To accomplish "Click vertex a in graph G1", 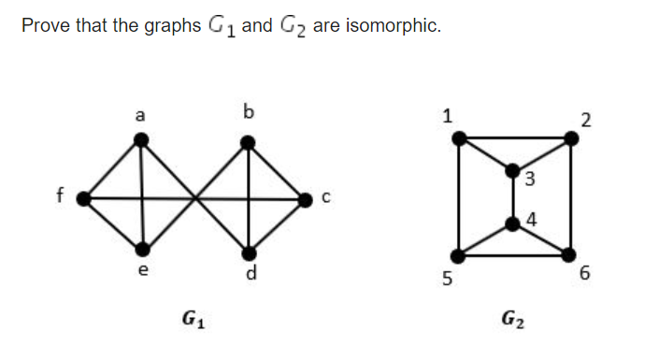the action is (141, 141).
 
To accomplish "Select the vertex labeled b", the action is (249, 143).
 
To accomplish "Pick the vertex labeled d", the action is (250, 252).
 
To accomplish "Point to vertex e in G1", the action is (143, 249).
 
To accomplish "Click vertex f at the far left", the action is (84, 198).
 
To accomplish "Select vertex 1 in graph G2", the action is (459, 138).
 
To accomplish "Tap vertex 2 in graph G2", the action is (571, 138).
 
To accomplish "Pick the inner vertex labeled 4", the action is (513, 223).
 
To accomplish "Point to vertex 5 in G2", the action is (459, 254).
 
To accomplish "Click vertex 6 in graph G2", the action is (570, 254).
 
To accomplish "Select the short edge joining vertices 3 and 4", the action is (513, 197).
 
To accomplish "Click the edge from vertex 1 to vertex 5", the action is (459, 196).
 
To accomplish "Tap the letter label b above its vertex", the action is (248, 114).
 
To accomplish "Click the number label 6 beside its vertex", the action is (586, 275).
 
